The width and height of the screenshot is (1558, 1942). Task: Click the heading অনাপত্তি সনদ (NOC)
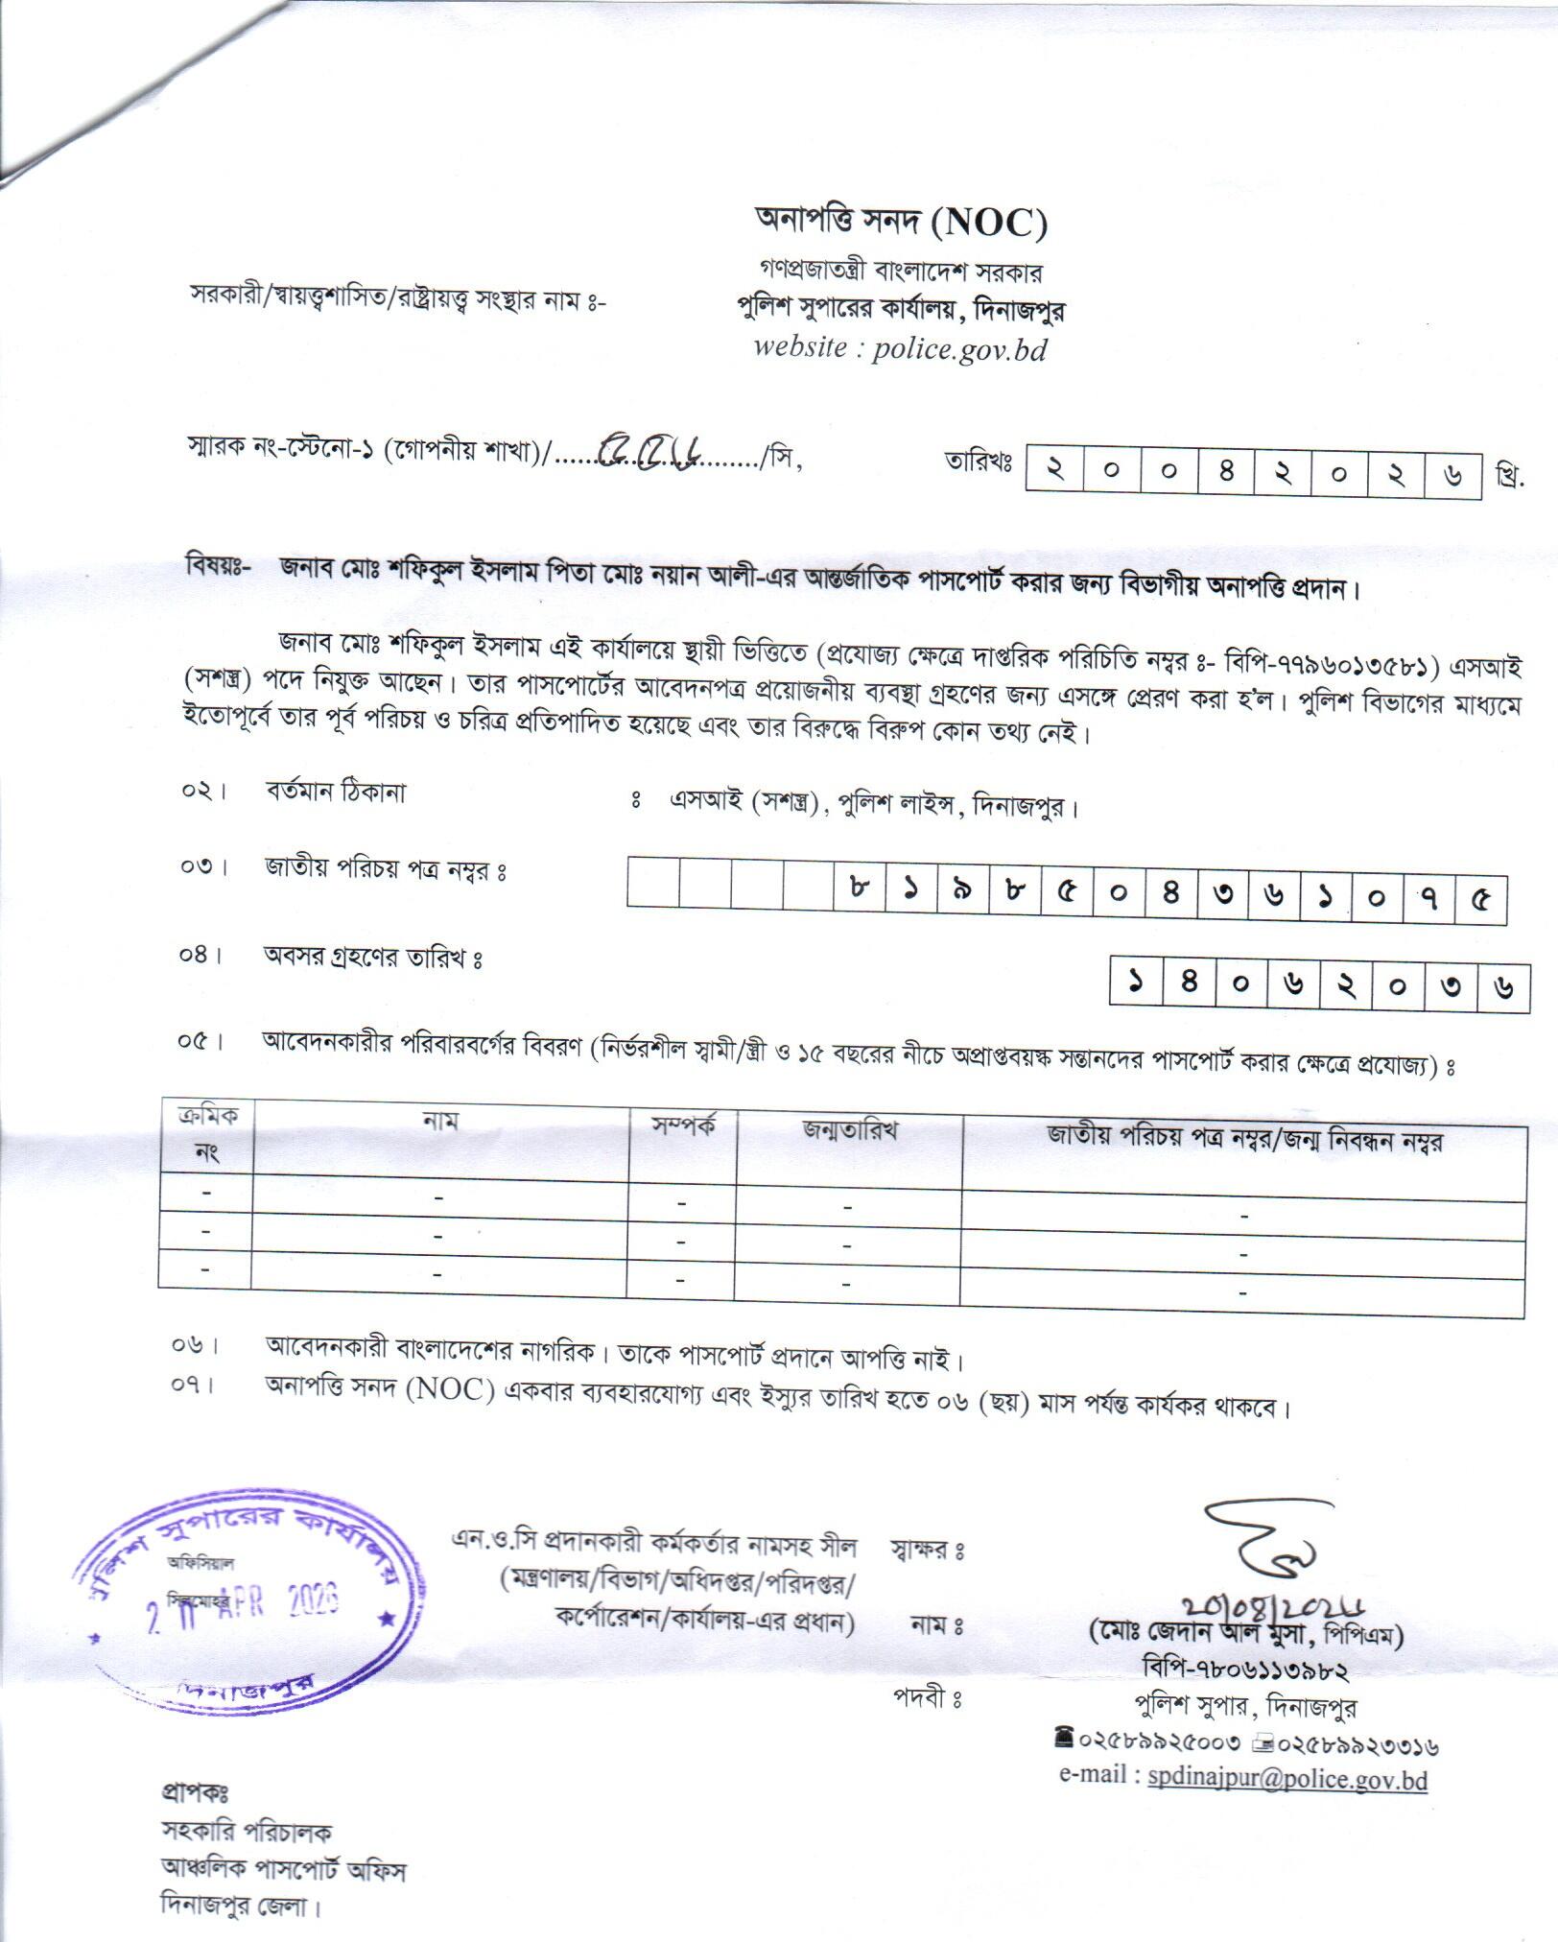[900, 224]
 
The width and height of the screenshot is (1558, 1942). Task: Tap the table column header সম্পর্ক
[683, 1126]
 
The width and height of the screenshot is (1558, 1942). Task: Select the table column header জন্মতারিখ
[849, 1130]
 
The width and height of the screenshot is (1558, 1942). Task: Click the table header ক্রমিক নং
[207, 1133]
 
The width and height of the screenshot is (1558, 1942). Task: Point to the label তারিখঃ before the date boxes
[980, 462]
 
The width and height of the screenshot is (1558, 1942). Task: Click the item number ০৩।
[204, 868]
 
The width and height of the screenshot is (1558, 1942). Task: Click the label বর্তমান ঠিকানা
[335, 793]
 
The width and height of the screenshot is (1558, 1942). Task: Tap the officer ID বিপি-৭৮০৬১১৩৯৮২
[1245, 1670]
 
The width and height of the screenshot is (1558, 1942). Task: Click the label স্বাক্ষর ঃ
[927, 1550]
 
